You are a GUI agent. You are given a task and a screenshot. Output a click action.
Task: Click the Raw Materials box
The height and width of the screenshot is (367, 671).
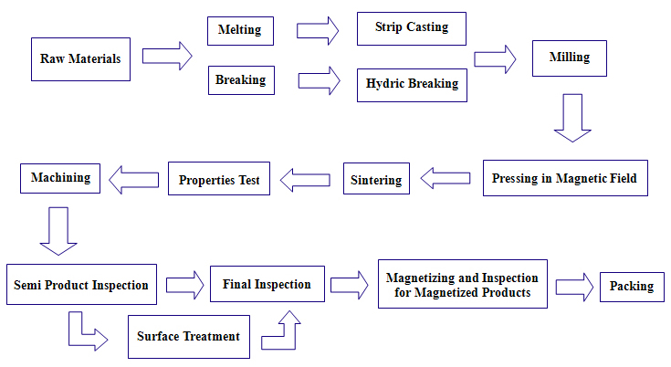81,59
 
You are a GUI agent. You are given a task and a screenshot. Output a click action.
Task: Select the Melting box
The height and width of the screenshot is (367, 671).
240,31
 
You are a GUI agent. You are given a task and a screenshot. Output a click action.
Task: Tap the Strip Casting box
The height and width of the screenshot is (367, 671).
412,28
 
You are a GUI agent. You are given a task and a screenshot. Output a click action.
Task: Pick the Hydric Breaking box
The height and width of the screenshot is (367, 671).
412,85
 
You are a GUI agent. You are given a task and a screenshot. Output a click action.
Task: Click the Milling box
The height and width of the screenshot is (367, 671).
570,58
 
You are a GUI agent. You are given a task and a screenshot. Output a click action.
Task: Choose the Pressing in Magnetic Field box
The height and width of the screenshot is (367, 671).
565,178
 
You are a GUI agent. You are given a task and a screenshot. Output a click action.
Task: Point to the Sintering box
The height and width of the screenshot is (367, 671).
376,178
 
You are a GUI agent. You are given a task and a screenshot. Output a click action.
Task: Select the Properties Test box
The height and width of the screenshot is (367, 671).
219,178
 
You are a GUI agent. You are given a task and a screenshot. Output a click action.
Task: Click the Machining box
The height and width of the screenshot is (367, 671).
60,178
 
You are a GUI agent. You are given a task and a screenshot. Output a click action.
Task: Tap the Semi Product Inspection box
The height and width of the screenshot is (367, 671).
82,285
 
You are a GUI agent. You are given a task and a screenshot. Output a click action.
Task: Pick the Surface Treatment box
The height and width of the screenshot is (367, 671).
189,337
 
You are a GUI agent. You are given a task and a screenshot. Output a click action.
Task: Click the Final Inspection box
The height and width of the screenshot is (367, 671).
267,284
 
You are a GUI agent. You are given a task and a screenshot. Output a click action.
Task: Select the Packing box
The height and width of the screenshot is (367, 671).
632,287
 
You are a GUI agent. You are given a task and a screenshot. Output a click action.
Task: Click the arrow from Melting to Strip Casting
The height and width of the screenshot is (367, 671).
318,31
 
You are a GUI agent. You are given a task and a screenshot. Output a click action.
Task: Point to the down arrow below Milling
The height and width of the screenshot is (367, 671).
572,118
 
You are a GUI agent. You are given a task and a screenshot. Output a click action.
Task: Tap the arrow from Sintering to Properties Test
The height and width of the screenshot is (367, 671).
305,180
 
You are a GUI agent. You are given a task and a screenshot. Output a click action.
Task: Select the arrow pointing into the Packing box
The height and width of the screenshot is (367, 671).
574,287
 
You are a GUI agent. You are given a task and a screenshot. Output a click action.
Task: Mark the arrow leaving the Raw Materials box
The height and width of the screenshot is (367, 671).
167,56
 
